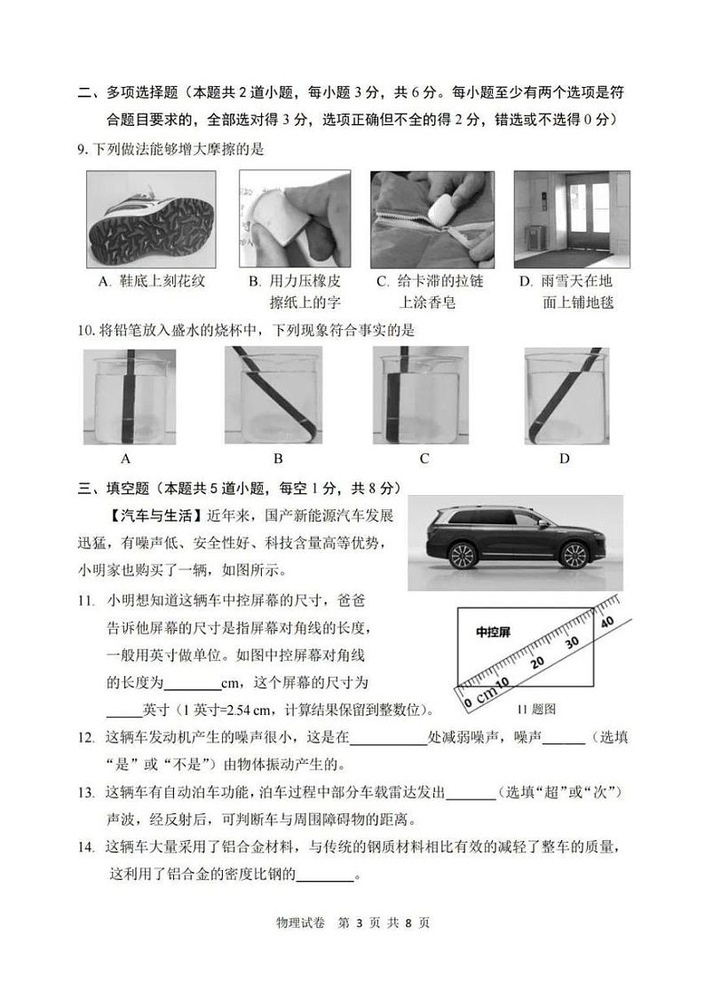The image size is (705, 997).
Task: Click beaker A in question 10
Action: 129,396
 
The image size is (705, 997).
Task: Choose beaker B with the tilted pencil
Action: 276,396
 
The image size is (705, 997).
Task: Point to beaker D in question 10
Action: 566,396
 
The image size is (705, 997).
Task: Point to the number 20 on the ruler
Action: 537,663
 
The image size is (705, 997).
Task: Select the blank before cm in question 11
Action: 193,683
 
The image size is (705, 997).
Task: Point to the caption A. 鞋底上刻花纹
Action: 152,281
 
